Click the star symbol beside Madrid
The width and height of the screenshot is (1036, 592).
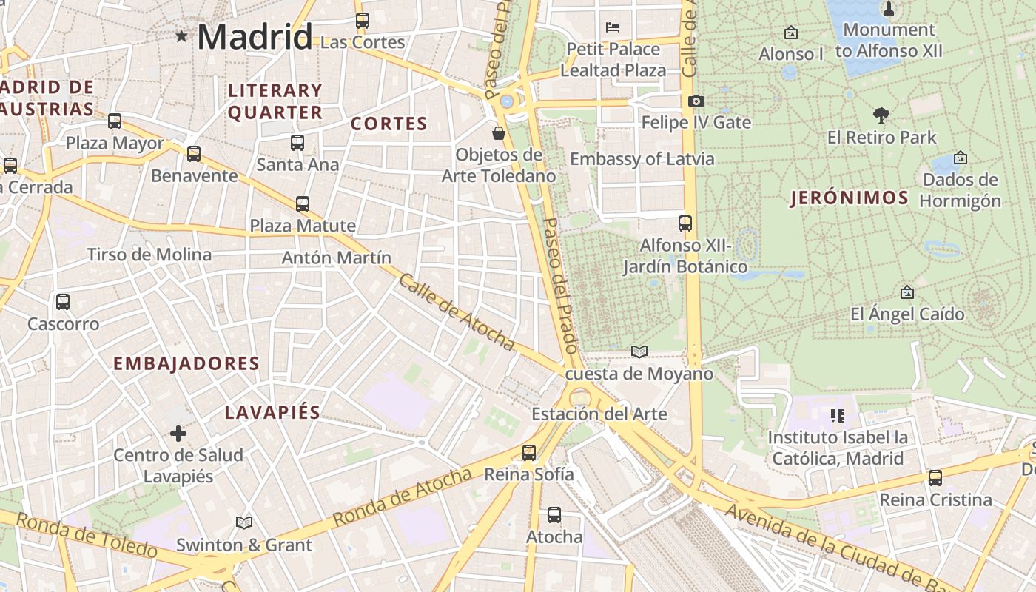[x=181, y=36]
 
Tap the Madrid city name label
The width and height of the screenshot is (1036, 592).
[x=255, y=36]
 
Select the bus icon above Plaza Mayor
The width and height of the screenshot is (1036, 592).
[x=115, y=121]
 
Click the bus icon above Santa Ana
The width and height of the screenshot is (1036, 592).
[x=297, y=142]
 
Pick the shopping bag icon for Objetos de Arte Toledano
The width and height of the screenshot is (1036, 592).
[x=499, y=133]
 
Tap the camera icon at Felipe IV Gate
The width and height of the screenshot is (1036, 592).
[x=696, y=101]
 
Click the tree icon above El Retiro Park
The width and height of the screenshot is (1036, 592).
[x=881, y=115]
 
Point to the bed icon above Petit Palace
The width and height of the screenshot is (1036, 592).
[x=613, y=27]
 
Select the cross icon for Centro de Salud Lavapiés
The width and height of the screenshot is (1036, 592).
[x=178, y=433]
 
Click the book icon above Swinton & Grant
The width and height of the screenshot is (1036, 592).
[x=243, y=522]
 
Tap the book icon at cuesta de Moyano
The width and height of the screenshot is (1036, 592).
[x=639, y=351]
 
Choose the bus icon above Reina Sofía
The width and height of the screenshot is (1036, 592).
[x=529, y=452]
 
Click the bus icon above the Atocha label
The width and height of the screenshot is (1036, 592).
[x=554, y=515]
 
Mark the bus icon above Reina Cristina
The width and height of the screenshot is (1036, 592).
[x=935, y=478]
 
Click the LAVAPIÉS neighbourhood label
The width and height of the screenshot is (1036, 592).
[x=272, y=413]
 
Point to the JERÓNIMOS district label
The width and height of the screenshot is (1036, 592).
[x=850, y=198]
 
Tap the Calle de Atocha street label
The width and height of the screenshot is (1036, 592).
[x=456, y=312]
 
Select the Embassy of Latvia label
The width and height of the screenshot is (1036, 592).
[x=642, y=159]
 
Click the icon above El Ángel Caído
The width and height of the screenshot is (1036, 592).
[x=906, y=293]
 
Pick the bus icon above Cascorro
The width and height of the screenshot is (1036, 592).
[x=63, y=302]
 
